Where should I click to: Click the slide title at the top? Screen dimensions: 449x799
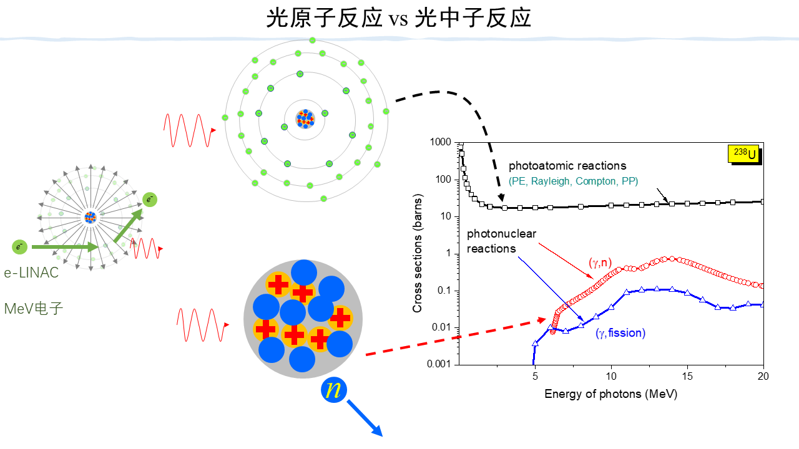(399, 18)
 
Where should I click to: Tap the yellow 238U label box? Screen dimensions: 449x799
(745, 153)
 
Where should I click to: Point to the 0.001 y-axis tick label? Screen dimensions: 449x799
(441, 364)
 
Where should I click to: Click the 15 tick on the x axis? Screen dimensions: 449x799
(687, 376)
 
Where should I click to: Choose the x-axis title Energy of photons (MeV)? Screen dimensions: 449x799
(610, 394)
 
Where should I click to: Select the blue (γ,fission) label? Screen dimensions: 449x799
(620, 333)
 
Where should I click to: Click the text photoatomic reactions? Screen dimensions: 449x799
(567, 166)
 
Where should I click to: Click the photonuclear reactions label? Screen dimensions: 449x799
(501, 241)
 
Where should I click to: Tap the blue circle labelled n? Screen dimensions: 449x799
(335, 390)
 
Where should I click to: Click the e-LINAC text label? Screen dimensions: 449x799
(31, 273)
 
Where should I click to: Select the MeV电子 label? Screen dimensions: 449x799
(33, 308)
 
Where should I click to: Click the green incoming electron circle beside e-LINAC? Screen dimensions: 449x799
(20, 247)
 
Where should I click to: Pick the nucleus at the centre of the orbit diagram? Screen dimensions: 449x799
(305, 117)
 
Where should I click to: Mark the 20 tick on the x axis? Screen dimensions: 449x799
(763, 376)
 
